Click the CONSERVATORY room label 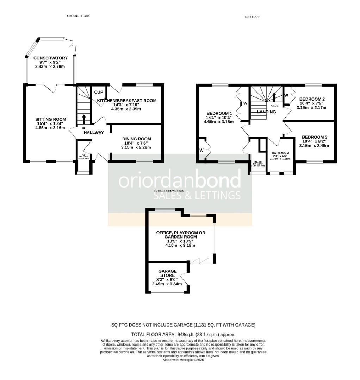point(50,58)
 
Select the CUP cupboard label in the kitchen point(99,92)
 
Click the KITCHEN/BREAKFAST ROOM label point(126,101)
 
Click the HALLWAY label point(94,133)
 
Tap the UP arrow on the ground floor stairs point(84,119)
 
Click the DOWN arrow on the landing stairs point(274,96)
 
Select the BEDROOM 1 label point(219,113)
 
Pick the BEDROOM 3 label point(314,137)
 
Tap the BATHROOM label point(280,153)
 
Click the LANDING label point(266,112)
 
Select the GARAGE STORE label point(167,273)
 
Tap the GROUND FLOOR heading point(78,16)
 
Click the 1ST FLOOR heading point(252,17)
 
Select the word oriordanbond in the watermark point(180,180)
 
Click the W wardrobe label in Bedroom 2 point(286,95)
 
